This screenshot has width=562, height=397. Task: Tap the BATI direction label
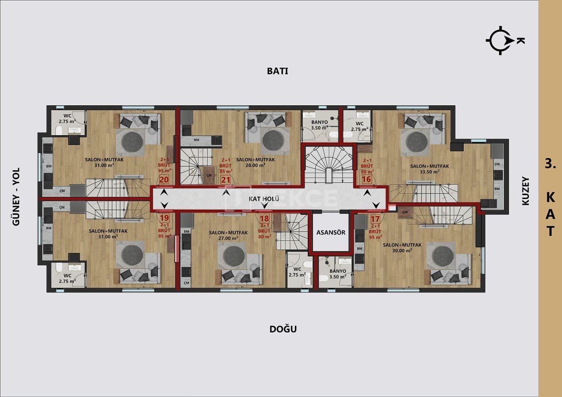pos(277,71)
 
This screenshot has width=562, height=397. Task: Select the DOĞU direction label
pos(283,329)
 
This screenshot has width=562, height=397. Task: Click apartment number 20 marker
pos(164,179)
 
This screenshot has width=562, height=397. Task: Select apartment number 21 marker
pos(226,179)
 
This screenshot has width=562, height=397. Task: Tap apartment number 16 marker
pos(367,179)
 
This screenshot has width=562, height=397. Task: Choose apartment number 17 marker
pos(375,218)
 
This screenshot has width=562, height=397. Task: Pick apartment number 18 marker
pos(265,218)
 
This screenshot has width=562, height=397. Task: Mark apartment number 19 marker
pos(164,218)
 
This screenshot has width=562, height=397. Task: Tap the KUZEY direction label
pos(526,191)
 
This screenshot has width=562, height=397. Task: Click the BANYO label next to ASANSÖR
pos(338,271)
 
